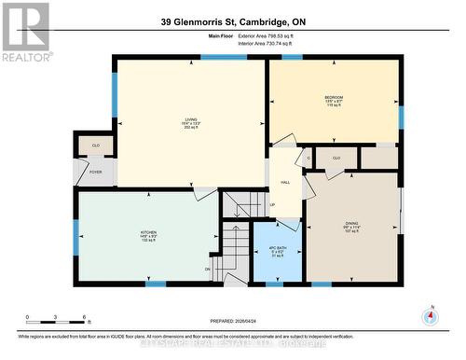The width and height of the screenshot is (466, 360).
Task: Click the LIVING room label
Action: coord(190,119)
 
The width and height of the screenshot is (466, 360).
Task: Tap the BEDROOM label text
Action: coord(334,98)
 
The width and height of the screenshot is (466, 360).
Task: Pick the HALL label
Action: coord(285,183)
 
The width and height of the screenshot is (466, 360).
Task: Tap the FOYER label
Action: coord(96,172)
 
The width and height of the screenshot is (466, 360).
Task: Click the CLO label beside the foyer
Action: coord(96,145)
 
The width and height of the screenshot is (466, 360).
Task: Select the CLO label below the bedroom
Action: coord(336,159)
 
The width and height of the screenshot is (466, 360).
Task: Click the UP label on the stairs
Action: coord(272,205)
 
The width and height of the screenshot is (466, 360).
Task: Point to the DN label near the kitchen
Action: coord(208,270)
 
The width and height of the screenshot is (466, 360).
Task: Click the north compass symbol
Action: coord(430,315)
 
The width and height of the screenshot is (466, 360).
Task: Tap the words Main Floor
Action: coord(221,36)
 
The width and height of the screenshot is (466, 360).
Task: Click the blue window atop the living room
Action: coord(224,58)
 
